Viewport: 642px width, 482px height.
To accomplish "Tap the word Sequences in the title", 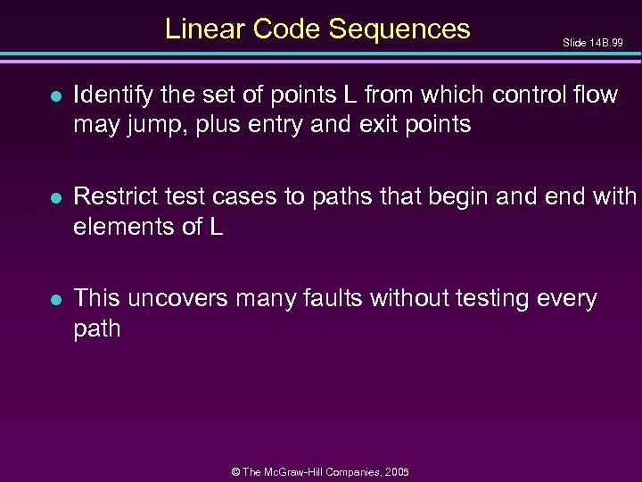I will (x=399, y=29).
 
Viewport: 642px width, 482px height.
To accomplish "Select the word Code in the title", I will (x=287, y=29).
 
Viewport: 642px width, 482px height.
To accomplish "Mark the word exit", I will (x=390, y=125).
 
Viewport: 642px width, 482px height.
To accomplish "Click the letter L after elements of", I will (x=216, y=227).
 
